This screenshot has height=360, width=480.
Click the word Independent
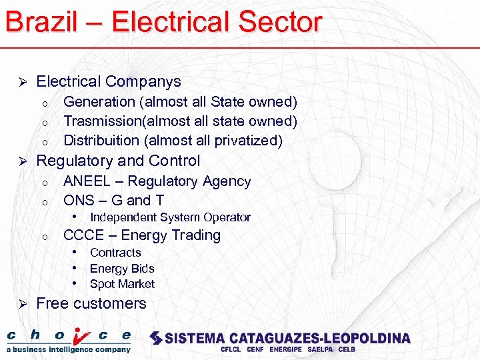(x=123, y=217)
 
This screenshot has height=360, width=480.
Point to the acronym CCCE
(x=84, y=235)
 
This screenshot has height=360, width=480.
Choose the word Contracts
(x=115, y=253)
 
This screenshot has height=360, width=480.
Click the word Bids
(x=141, y=269)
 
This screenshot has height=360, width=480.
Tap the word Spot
(x=101, y=284)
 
